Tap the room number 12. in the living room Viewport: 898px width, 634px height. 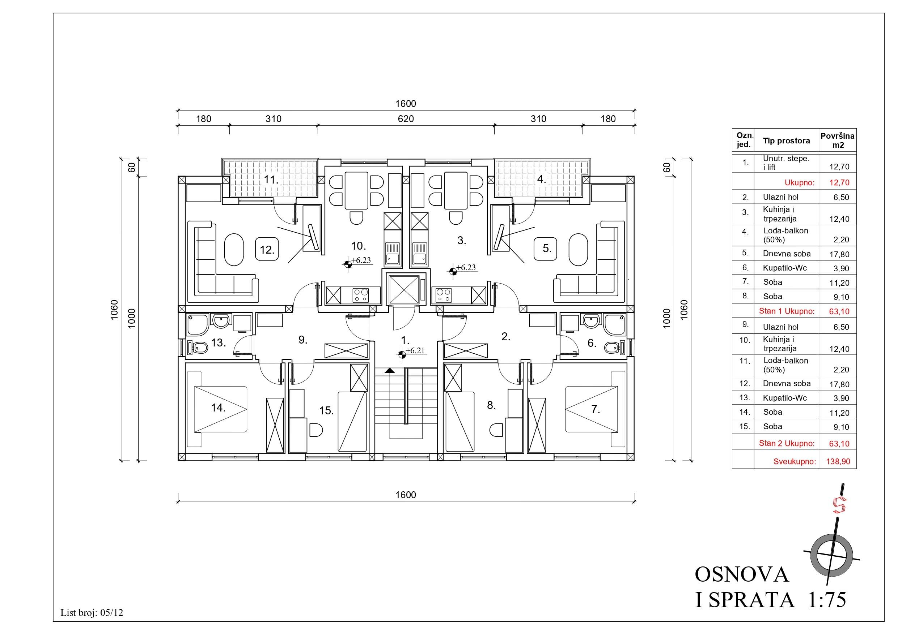coord(267,249)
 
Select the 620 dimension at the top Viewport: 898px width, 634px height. coord(406,119)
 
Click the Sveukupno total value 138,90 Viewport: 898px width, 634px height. coord(838,461)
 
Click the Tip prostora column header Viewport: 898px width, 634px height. coord(786,141)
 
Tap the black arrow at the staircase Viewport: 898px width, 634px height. coord(389,370)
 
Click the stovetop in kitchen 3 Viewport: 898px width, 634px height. coord(443,295)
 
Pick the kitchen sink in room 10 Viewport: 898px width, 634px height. coord(392,253)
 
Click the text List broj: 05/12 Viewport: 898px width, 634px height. coord(92,613)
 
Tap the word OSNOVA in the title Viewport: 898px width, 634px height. coord(742,575)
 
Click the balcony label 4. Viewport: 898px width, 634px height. coord(541,179)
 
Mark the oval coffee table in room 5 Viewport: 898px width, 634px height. coord(578,250)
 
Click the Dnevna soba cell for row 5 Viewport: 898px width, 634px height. coord(787,254)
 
